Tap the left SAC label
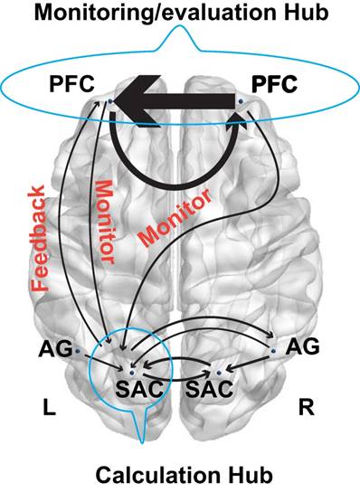point(133,391)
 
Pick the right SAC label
point(212,391)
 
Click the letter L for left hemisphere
point(49,409)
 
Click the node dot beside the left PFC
point(109,102)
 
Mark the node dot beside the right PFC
point(240,115)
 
